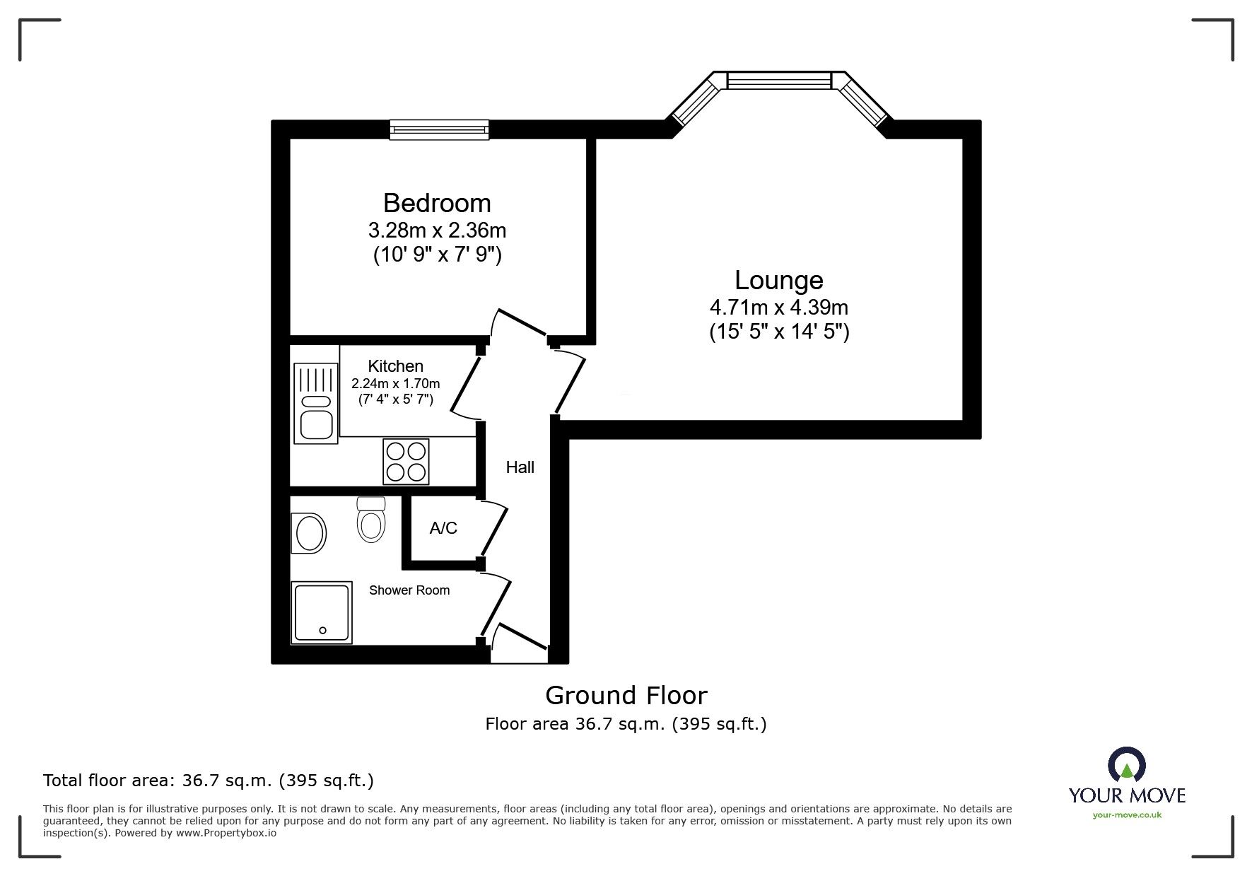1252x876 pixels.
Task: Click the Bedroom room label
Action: pyautogui.click(x=437, y=203)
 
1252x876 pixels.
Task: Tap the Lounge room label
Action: pyautogui.click(x=778, y=280)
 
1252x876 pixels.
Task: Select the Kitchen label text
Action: pyautogui.click(x=395, y=366)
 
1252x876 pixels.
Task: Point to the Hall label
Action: pyautogui.click(x=520, y=467)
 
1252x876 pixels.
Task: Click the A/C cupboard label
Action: pyautogui.click(x=443, y=528)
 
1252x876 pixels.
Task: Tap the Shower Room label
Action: pyautogui.click(x=409, y=590)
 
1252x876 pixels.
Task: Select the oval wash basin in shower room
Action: pyautogui.click(x=309, y=533)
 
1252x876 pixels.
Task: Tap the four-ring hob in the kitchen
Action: pyautogui.click(x=406, y=462)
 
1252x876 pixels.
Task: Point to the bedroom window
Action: pyautogui.click(x=439, y=129)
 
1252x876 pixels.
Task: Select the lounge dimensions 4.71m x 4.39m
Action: pyautogui.click(x=778, y=308)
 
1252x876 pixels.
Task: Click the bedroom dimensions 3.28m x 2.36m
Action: pyautogui.click(x=437, y=230)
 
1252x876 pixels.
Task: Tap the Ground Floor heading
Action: pyautogui.click(x=626, y=696)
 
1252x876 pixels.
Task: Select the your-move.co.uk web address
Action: pyautogui.click(x=1127, y=815)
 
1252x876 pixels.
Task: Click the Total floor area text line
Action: pyautogui.click(x=209, y=781)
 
